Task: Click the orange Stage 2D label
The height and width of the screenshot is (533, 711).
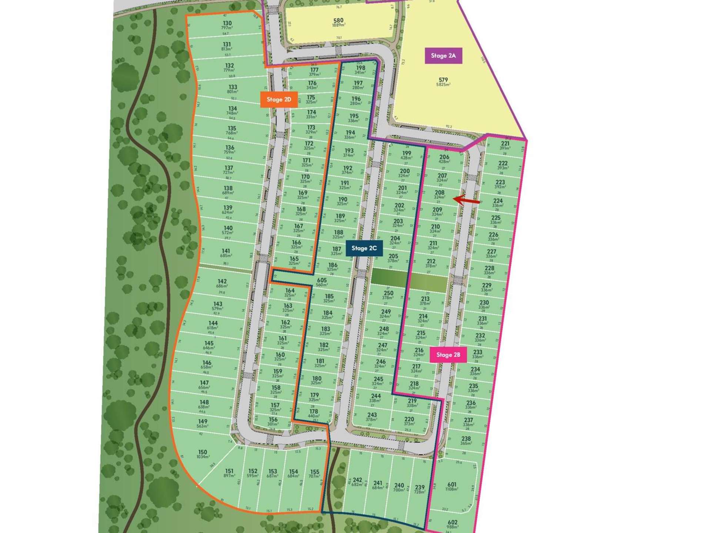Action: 279,100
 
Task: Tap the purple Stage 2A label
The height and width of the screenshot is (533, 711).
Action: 443,56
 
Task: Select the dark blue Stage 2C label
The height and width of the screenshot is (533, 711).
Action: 364,248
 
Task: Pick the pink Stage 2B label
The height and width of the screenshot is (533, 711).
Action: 448,355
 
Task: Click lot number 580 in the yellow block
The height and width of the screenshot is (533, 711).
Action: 338,21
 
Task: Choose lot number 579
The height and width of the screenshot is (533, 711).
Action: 443,80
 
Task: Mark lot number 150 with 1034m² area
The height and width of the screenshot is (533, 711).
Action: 203,452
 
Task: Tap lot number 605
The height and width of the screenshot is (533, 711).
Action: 321,281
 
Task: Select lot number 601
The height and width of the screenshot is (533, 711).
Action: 452,485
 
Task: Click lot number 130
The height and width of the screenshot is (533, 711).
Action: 227,23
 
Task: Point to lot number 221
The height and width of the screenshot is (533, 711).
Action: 505,144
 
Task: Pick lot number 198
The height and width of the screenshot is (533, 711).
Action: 360,68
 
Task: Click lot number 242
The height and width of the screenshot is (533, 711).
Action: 357,480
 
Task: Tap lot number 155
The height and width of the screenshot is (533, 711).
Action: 315,472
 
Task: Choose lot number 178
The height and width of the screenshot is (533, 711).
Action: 314,412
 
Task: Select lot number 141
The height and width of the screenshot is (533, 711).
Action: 226,251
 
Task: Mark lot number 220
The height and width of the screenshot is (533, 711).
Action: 409,419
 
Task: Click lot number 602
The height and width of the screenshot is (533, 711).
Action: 453,522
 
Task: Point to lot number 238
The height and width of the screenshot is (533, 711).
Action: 466,439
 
